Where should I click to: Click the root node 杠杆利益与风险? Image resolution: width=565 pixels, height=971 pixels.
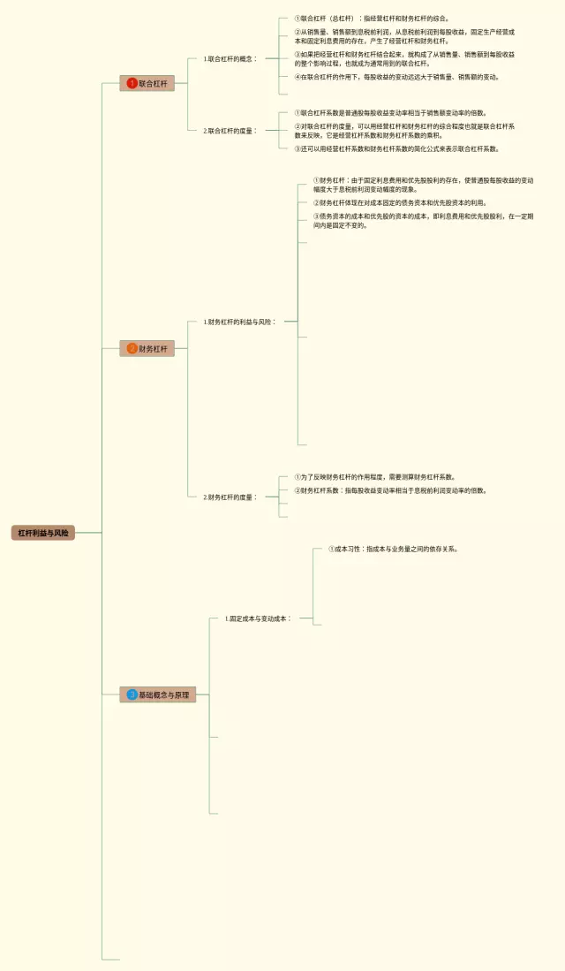(43, 533)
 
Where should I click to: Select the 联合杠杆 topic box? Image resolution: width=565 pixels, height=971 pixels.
(147, 83)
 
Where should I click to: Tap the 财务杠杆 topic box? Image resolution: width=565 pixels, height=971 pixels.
(147, 349)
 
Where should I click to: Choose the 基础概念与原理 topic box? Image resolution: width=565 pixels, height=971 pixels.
(159, 695)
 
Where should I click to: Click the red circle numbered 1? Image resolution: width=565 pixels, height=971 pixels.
(132, 83)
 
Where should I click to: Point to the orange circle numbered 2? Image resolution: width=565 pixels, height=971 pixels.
(132, 349)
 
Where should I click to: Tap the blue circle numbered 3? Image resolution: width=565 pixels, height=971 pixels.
(132, 695)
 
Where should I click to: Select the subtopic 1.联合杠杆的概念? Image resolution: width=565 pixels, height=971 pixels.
(230, 59)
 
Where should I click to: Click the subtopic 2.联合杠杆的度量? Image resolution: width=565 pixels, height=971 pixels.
(230, 131)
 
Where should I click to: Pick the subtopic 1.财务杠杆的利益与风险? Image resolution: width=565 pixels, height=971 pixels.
(239, 322)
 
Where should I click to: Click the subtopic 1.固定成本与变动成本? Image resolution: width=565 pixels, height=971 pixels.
(257, 618)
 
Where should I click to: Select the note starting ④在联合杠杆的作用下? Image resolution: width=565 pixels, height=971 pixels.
(396, 77)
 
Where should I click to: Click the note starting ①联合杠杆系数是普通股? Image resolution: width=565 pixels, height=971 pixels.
(390, 113)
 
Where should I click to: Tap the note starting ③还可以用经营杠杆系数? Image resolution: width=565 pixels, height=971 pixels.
(396, 149)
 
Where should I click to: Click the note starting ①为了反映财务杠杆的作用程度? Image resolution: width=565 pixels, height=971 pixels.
(375, 477)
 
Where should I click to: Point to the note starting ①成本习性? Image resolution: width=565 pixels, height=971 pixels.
(393, 549)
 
